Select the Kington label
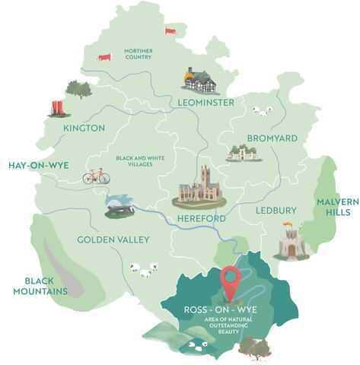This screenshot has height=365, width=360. click(x=84, y=128)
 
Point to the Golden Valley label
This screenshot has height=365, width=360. click(x=113, y=240)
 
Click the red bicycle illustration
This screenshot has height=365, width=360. click(x=96, y=176)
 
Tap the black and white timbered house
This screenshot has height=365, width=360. click(x=200, y=78)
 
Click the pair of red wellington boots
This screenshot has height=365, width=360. click(x=56, y=107)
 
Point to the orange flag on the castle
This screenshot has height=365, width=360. click(x=287, y=224)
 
